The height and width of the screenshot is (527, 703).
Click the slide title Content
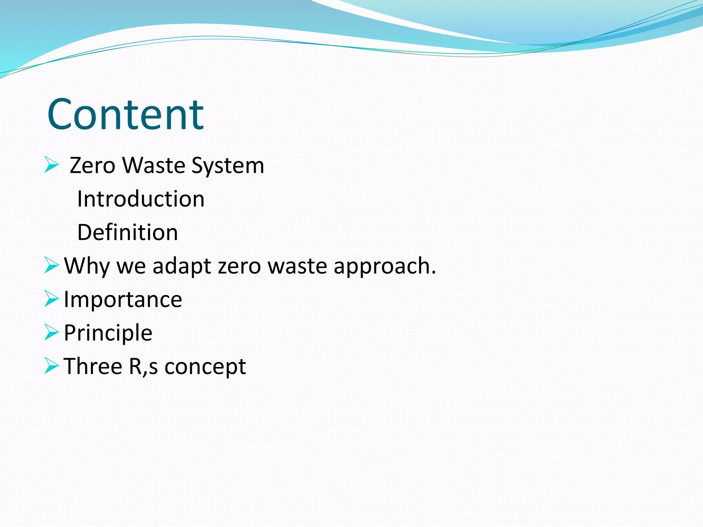126,115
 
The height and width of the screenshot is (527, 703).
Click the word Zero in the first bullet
92,166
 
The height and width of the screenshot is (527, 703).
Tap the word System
228,166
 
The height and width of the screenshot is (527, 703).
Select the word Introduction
141,199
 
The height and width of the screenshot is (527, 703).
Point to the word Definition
127,233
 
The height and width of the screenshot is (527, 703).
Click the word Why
87,266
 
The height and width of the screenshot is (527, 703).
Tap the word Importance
123,300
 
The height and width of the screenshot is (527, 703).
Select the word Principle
108,333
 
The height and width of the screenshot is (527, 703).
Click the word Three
93,366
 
